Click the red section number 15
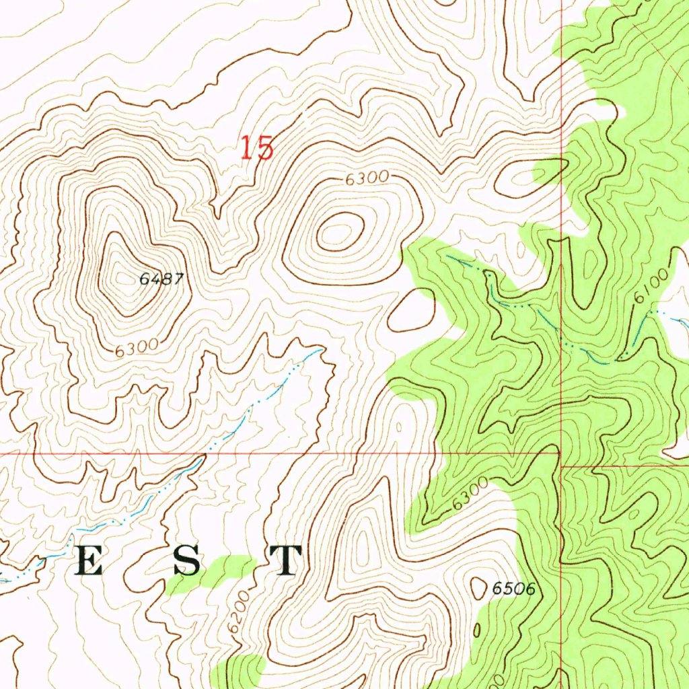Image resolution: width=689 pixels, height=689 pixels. (x=258, y=148)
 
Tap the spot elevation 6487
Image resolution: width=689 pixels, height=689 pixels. (x=161, y=279)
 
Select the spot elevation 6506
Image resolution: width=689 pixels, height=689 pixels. (x=513, y=589)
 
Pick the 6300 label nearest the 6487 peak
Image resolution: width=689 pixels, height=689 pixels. (x=136, y=348)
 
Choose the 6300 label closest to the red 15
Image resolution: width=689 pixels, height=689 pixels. (x=367, y=178)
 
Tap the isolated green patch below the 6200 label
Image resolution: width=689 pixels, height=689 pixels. (x=239, y=670)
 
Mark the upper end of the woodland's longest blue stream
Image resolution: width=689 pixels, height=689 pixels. (x=447, y=256)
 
